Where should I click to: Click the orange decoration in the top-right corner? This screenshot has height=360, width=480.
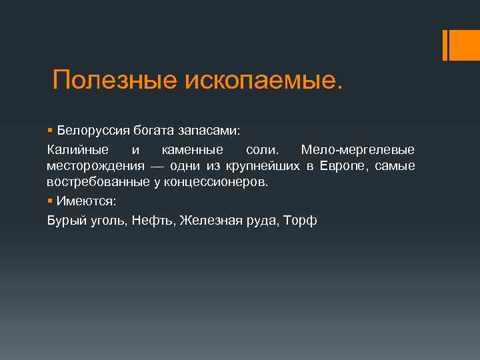click(x=455, y=45)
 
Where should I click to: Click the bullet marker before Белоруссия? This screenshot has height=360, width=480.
click(x=50, y=128)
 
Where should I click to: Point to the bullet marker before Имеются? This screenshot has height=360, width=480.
click(x=50, y=200)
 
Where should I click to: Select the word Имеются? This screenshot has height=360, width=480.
click(x=86, y=200)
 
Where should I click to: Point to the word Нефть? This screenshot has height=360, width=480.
click(x=153, y=219)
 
